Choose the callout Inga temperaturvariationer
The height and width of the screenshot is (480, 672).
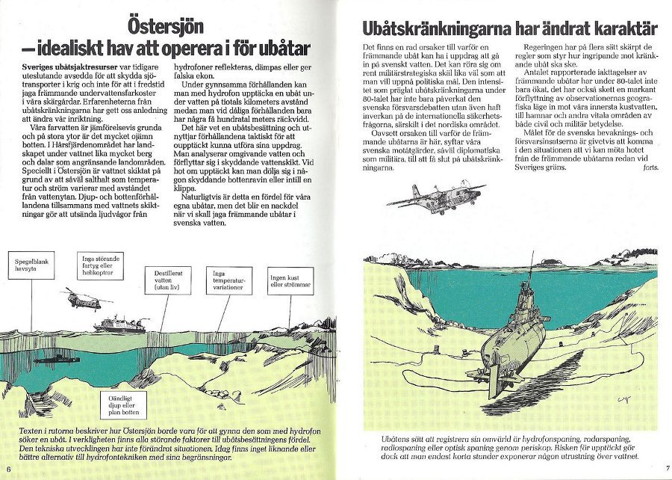click(233, 279)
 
